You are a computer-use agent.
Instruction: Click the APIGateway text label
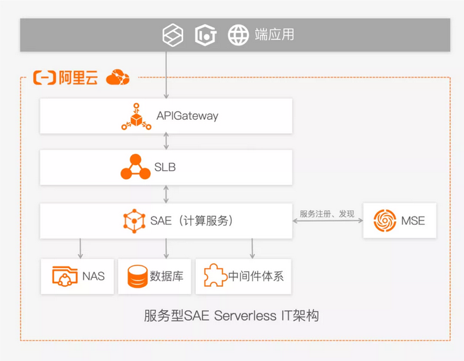pos(187,116)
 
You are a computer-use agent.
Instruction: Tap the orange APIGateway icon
pos(136,116)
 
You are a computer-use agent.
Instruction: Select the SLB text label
pos(165,168)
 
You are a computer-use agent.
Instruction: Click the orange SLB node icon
pos(135,168)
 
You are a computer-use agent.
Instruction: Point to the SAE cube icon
pos(134,220)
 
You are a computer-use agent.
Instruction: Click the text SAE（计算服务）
pos(191,220)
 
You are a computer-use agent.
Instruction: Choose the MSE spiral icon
pos(385,220)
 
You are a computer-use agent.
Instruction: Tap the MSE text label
pos(413,220)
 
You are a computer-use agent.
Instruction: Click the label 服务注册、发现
pos(327,213)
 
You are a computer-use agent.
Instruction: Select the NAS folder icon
pos(64,277)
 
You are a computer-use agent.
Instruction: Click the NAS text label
pos(93,277)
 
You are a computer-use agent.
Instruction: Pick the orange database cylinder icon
pos(137,277)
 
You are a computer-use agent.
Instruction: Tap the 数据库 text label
pos(166,277)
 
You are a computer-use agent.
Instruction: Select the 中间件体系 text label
pos(256,277)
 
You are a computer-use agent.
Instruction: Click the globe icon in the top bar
pos(238,35)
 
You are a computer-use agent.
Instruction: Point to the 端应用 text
pos(275,35)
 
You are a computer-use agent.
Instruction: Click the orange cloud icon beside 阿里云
pos(117,78)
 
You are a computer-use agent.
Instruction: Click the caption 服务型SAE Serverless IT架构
pos(231,316)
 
